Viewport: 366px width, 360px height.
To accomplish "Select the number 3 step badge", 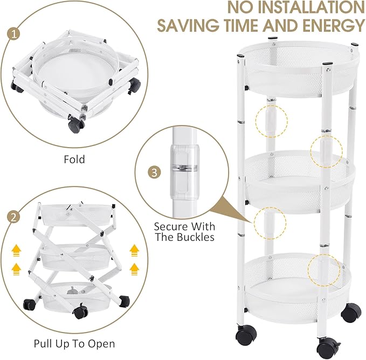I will pyautogui.click(x=155, y=172).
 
